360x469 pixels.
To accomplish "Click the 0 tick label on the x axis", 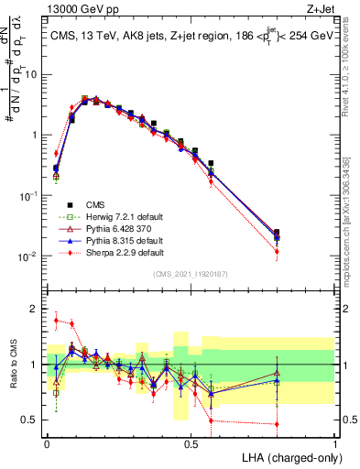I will tap(47, 442).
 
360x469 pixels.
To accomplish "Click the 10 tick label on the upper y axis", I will tap(31, 74).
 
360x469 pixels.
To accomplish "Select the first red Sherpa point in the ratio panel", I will tap(56, 321).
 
